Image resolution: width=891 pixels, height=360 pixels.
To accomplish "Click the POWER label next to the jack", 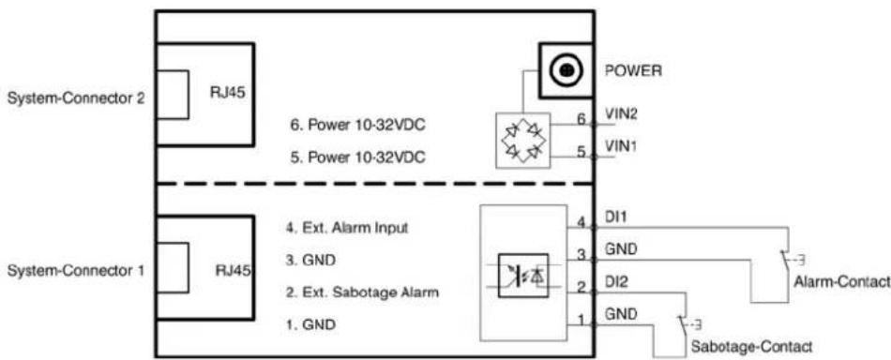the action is [x=633, y=71].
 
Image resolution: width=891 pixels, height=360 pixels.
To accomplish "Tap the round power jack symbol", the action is [x=565, y=70].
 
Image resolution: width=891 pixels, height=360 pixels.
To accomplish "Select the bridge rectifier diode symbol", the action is [x=523, y=141].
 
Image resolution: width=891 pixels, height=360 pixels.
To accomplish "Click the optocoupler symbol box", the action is [x=523, y=275].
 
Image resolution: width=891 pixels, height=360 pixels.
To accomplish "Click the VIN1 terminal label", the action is [x=621, y=146].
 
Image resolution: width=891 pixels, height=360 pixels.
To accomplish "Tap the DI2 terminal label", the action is [x=616, y=281].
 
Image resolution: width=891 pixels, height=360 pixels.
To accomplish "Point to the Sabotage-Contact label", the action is [x=750, y=346].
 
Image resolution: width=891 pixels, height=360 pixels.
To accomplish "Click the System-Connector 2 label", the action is [x=75, y=98].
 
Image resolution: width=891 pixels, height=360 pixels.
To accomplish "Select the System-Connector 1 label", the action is [x=75, y=271].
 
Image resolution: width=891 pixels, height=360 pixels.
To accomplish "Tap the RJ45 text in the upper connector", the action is [x=227, y=93].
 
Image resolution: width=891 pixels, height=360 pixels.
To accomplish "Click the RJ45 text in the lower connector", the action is [x=233, y=269].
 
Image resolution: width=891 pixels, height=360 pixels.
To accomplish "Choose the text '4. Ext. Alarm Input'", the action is [x=347, y=228].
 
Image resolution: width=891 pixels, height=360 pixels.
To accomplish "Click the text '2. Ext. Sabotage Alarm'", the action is [x=361, y=293].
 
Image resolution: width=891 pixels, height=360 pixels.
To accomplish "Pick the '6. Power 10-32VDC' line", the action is [x=357, y=126].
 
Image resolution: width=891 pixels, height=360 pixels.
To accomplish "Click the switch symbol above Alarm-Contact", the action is [x=790, y=260].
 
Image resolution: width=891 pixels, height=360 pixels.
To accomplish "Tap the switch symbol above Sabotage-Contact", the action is [x=686, y=324].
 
